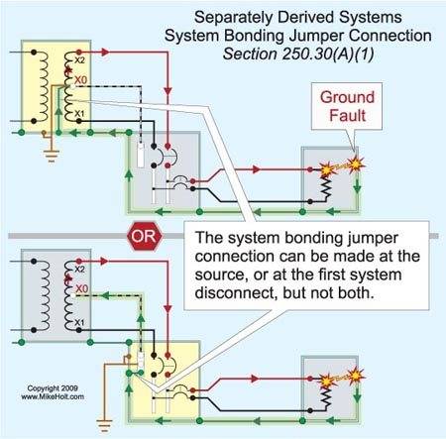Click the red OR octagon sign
pyautogui.click(x=145, y=236)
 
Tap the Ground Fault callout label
pyautogui.click(x=347, y=106)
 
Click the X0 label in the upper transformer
pyautogui.click(x=80, y=80)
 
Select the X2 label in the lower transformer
pyautogui.click(x=79, y=270)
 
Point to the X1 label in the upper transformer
pyautogui.click(x=79, y=114)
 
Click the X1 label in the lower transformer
pyautogui.click(x=79, y=322)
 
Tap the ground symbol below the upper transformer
pyautogui.click(x=52, y=156)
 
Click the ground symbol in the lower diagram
pyautogui.click(x=104, y=425)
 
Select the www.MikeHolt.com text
pyautogui.click(x=53, y=396)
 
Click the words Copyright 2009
pyautogui.click(x=53, y=388)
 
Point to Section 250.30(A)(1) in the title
pyautogui.click(x=298, y=54)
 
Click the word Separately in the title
pyautogui.click(x=231, y=18)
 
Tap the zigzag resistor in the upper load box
pyautogui.click(x=326, y=188)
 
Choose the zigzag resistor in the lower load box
pyautogui.click(x=326, y=398)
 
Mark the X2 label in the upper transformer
pyautogui.click(x=79, y=60)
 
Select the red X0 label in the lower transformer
pyautogui.click(x=81, y=288)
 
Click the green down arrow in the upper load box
pyautogui.click(x=357, y=186)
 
